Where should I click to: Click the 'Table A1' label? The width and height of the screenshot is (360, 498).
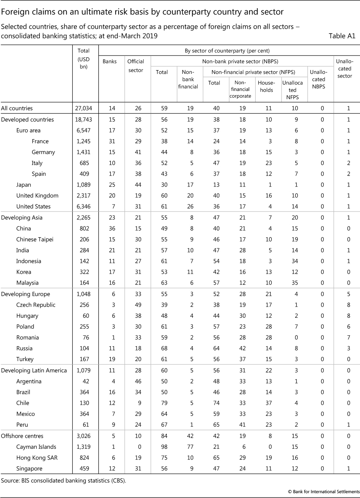342,36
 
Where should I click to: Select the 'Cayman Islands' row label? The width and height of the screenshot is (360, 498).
36,447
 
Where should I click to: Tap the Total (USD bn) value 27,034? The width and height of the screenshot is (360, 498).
84,109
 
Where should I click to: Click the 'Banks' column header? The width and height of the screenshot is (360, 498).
110,62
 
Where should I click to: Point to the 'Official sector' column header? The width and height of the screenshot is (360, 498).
136,66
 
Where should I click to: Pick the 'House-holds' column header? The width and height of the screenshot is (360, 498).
266,87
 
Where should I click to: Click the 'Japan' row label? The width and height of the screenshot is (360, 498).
24,185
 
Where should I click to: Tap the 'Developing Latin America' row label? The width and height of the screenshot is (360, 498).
34,370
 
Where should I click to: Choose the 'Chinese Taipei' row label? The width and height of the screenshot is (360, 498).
35,239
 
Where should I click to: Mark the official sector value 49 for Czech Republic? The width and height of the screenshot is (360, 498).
138,305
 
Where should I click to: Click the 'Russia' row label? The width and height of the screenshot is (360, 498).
24,348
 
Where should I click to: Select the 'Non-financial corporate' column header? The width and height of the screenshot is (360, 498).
240,90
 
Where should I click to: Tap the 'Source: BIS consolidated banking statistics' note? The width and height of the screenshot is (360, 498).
63,480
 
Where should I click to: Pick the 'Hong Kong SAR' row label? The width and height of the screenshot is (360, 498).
37,458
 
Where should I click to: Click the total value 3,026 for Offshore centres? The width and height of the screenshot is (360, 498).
84,436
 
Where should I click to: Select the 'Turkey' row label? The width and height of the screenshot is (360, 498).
25,359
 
